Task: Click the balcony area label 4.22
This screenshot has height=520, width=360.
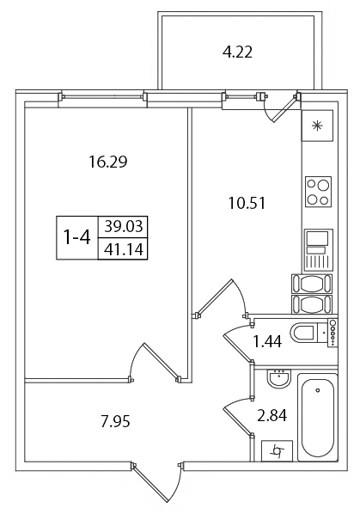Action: (237, 52)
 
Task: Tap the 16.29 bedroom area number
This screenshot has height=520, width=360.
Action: (108, 162)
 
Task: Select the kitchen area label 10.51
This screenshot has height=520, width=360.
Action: (247, 203)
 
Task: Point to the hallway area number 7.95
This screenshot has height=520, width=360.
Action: (115, 422)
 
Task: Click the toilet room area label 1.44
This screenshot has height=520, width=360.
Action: (267, 341)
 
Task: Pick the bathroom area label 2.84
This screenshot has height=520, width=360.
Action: (272, 415)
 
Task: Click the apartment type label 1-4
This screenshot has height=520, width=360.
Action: (77, 237)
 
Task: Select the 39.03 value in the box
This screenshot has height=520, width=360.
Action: (124, 227)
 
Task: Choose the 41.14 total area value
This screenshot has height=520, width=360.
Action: (124, 249)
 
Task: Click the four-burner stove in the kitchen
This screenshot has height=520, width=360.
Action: (318, 192)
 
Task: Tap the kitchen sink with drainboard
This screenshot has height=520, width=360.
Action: (318, 250)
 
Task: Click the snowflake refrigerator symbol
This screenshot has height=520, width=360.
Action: (317, 125)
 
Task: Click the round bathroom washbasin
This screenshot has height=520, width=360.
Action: (279, 379)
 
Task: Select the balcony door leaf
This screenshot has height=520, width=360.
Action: (284, 109)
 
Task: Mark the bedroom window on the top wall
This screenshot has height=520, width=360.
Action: (103, 97)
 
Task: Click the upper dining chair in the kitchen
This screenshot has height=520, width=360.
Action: (312, 284)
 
